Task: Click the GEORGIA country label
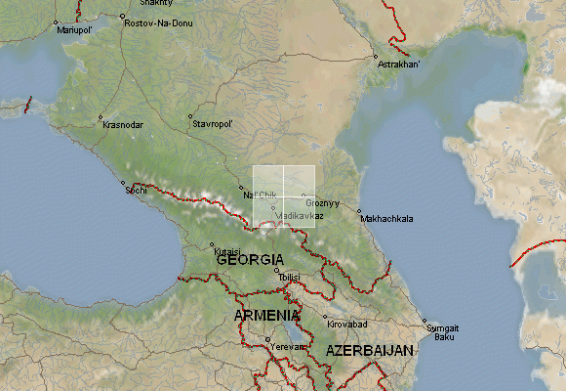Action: point(251,261)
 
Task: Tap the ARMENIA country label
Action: point(266,316)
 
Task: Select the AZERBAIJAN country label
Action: point(369,350)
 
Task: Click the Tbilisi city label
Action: point(290,278)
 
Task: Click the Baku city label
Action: point(445,336)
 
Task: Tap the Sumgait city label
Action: point(443,327)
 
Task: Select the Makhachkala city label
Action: point(387,218)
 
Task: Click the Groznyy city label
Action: point(323,203)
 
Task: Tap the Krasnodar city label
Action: point(123,125)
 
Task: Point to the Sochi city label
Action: point(136,190)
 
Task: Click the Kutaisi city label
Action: point(227,251)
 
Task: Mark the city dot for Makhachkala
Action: point(359,210)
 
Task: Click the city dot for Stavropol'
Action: point(189,118)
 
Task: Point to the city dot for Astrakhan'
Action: point(375,58)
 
